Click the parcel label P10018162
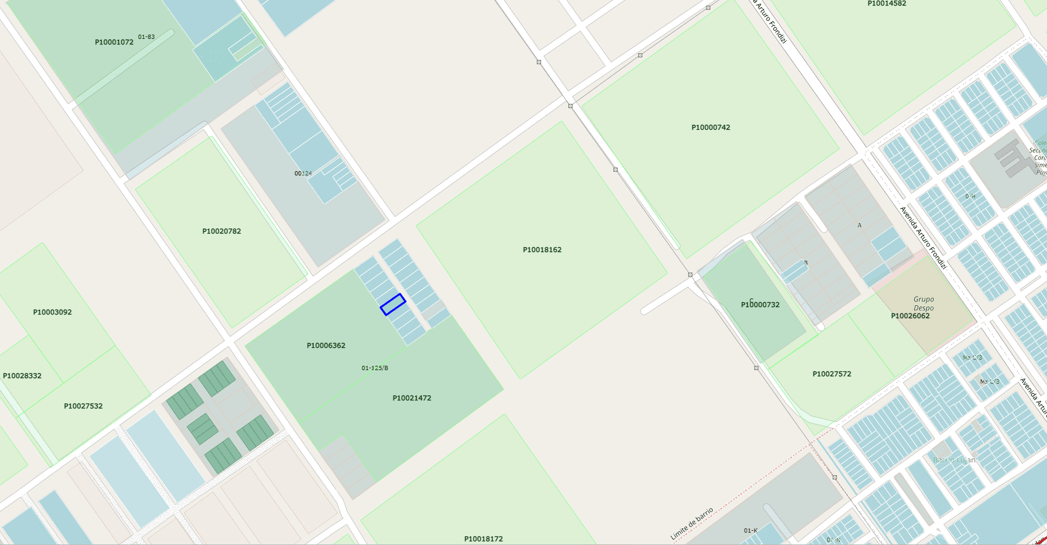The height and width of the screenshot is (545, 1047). click(542, 250)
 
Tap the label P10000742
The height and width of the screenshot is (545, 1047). click(710, 128)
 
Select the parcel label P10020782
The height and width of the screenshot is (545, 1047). click(221, 232)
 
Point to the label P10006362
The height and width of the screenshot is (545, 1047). click(326, 346)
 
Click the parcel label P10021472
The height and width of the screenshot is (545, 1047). click(411, 399)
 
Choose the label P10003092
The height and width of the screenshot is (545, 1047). click(52, 313)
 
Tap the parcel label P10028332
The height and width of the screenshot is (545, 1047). click(22, 376)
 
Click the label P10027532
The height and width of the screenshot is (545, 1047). click(83, 407)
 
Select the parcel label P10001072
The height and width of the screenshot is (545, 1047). click(114, 43)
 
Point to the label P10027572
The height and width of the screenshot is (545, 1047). click(831, 374)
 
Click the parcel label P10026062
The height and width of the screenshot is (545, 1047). click(910, 316)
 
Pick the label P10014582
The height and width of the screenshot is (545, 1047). click(886, 4)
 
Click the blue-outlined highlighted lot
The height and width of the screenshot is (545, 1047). click(393, 304)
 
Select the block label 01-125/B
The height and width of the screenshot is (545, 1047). click(374, 368)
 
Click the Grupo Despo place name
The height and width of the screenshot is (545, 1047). click(923, 303)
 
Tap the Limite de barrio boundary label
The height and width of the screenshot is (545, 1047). click(692, 524)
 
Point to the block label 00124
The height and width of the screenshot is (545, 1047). click(303, 174)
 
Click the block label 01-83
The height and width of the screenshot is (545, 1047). click(146, 37)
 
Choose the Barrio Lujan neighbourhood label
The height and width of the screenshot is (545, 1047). click(954, 460)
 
